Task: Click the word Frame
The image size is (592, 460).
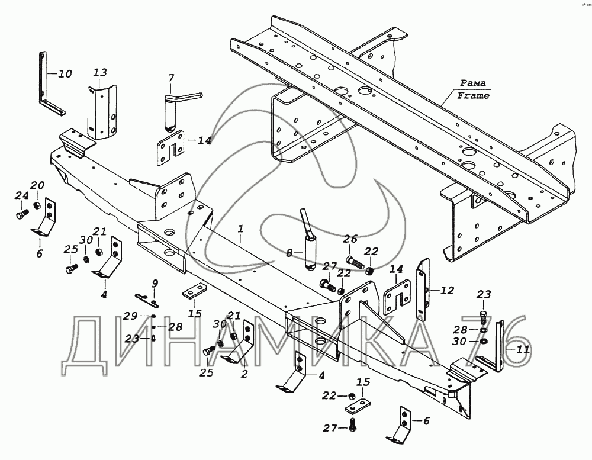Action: [x=473, y=95]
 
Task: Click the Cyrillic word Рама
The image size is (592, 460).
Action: [x=473, y=83]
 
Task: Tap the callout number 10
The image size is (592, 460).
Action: [x=65, y=73]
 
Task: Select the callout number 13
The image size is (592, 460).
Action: [x=100, y=72]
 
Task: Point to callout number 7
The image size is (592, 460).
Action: [x=171, y=78]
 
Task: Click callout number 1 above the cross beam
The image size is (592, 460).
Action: [x=240, y=229]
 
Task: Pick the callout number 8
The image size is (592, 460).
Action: [x=289, y=253]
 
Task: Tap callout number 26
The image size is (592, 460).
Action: [x=350, y=239]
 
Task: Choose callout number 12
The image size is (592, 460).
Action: [x=446, y=291]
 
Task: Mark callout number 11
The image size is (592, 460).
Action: [x=523, y=349]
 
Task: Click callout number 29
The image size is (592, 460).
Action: [x=131, y=316]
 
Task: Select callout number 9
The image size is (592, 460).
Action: [x=155, y=284]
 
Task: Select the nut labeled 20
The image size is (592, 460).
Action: [x=37, y=205]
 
